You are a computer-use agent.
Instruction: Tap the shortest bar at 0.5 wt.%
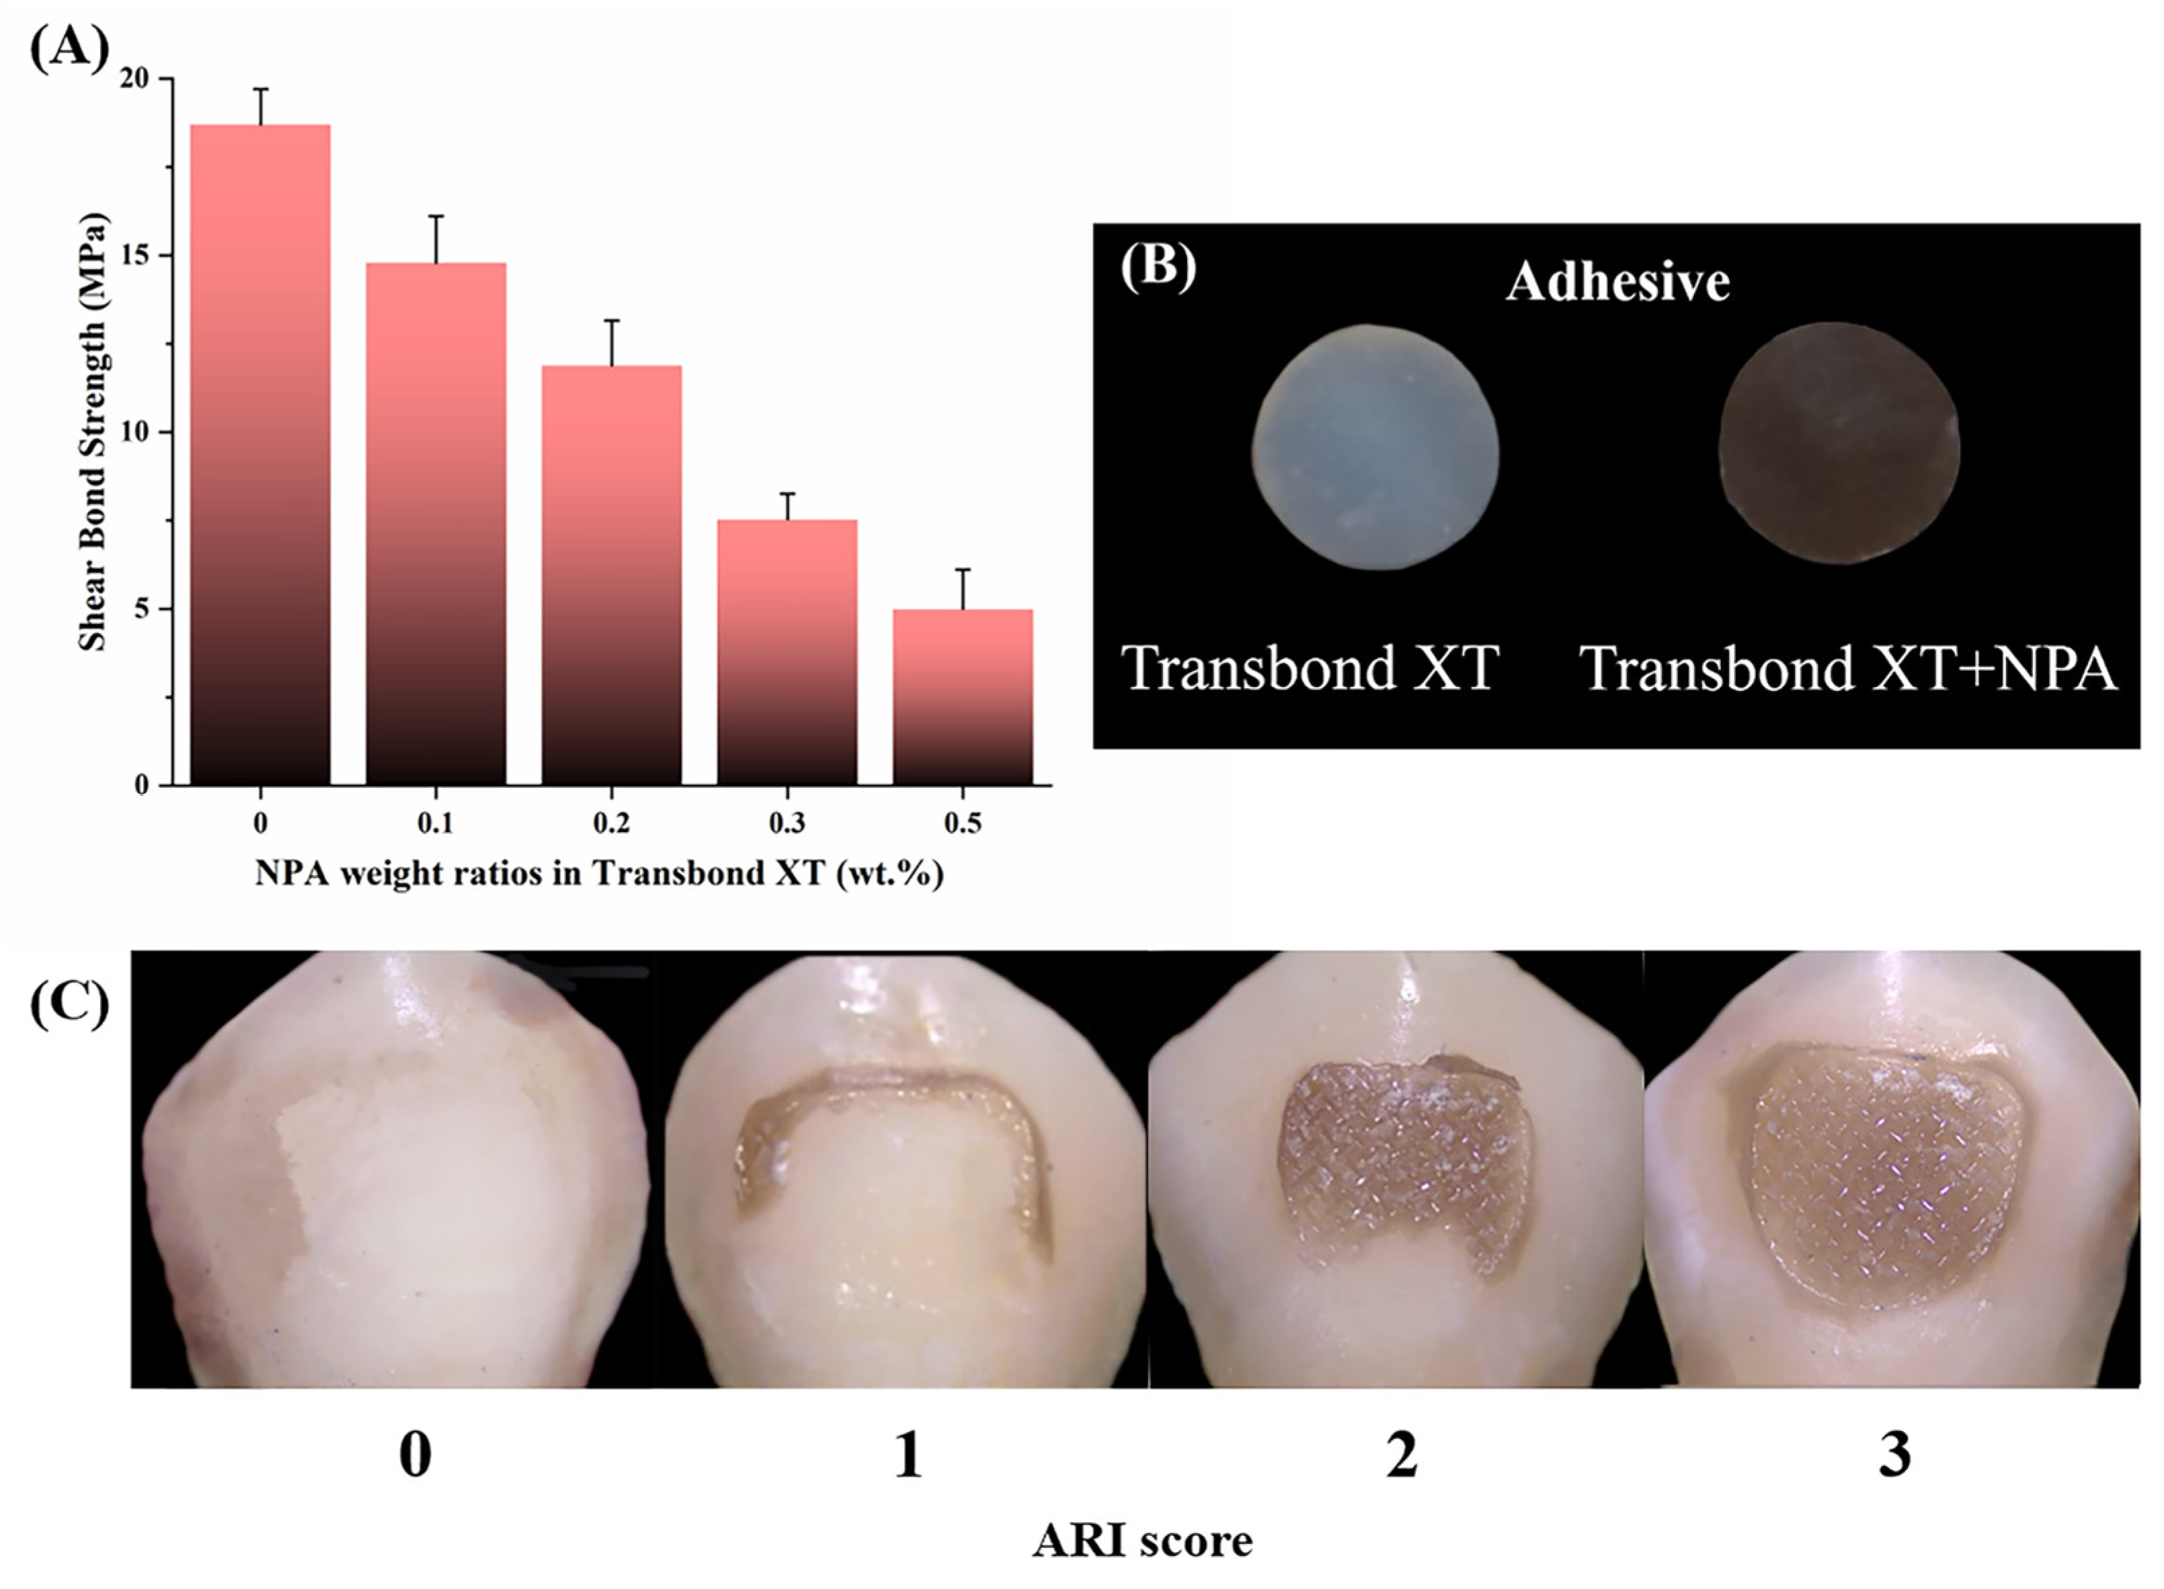[x=963, y=696]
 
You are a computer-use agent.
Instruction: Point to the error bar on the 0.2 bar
[x=612, y=342]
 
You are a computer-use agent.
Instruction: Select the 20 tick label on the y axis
[x=136, y=79]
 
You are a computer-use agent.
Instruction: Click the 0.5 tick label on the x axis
[x=963, y=823]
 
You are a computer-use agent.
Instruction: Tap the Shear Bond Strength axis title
[x=94, y=431]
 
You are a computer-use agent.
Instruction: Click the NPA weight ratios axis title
[x=598, y=873]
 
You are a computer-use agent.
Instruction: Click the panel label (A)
[x=69, y=48]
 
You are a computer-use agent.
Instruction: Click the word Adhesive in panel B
[x=1617, y=282]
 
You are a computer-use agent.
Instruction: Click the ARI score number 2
[x=1401, y=1455]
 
